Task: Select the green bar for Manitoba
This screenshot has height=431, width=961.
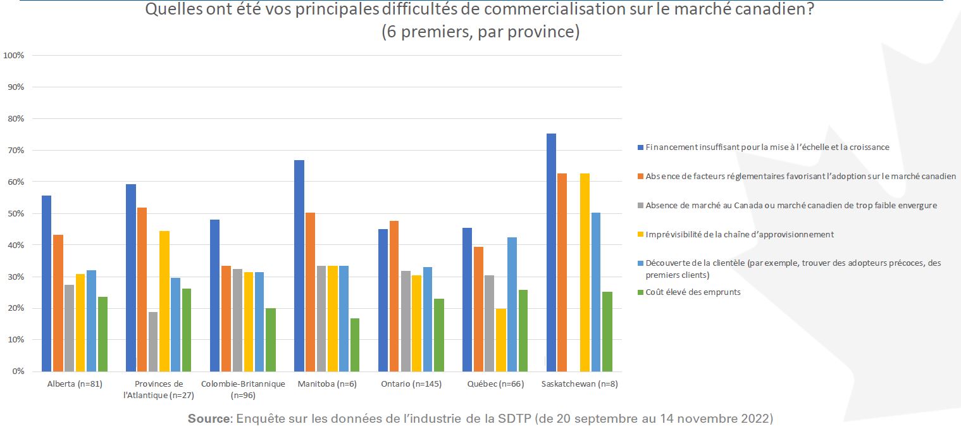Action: pos(354,345)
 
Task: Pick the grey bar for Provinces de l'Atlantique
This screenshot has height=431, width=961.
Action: pos(153,342)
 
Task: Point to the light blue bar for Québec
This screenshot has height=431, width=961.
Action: pos(512,304)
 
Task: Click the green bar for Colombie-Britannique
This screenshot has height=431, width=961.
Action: pos(270,340)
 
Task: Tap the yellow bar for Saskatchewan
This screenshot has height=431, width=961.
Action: pos(585,272)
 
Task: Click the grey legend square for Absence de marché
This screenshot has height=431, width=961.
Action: pos(640,206)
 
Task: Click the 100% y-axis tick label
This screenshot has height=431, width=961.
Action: pos(14,55)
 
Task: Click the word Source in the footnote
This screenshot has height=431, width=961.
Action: pos(208,419)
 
